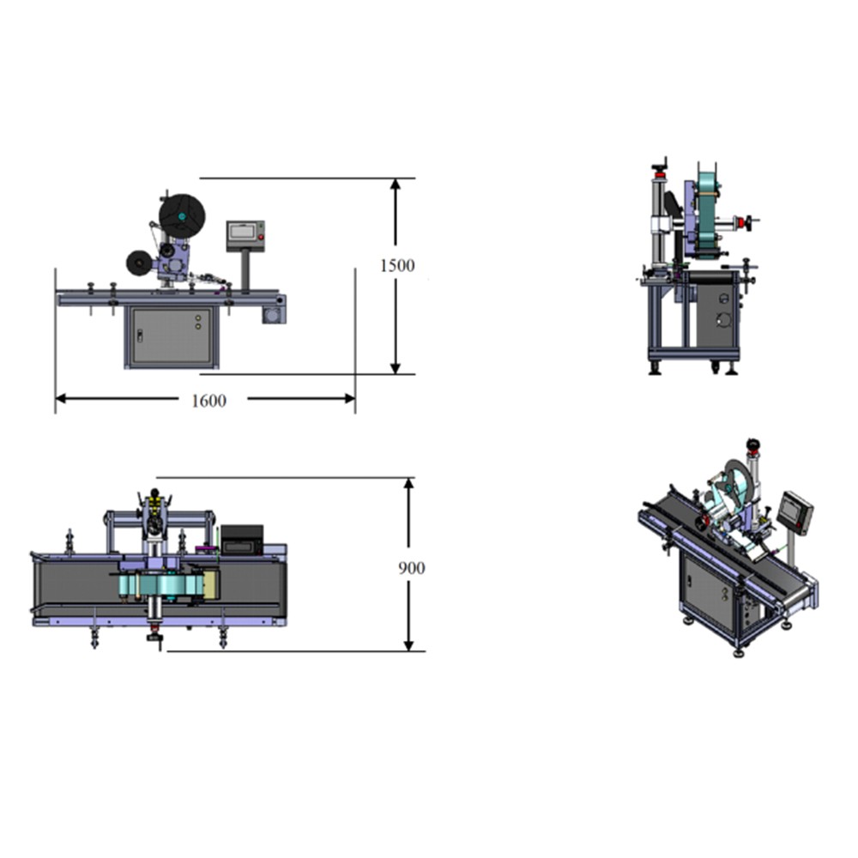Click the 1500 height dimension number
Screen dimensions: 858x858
[x=397, y=265]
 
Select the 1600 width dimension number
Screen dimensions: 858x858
[x=208, y=401]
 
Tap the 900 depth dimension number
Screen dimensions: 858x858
[x=412, y=568]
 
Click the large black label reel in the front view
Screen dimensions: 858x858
[x=182, y=216]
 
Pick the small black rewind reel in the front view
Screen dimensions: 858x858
[x=140, y=263]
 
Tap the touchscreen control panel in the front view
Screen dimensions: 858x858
[x=245, y=236]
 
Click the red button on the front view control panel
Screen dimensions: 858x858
[x=261, y=237]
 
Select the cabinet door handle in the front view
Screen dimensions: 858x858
[x=140, y=336]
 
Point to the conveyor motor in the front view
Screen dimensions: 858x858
[x=274, y=315]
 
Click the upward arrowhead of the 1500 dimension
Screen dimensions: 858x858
[x=395, y=184]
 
